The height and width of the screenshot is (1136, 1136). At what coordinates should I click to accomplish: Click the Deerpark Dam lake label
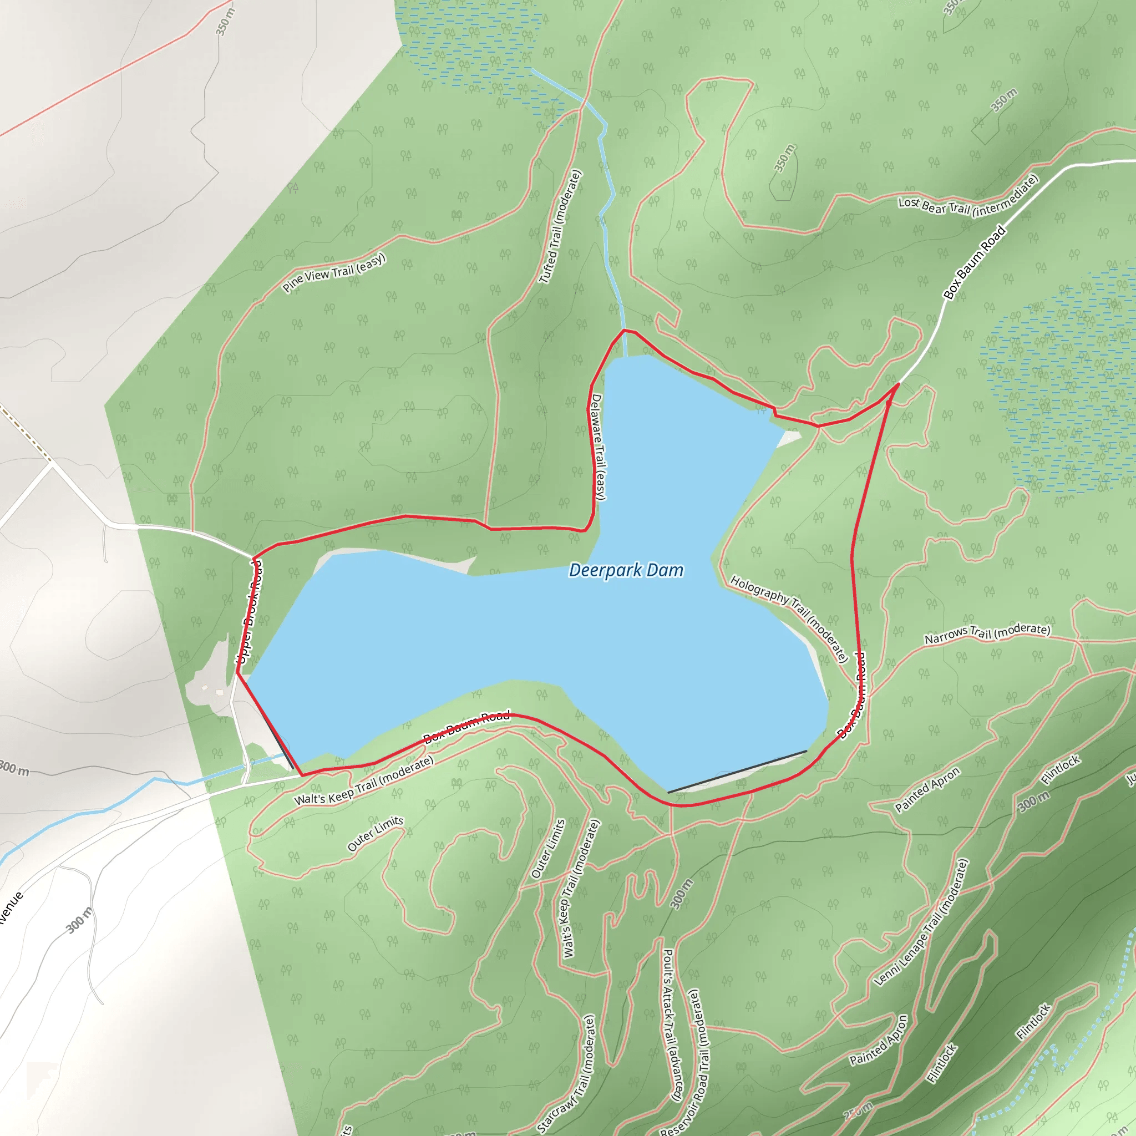626,570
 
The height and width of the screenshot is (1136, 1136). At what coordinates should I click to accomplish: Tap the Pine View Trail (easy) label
333,272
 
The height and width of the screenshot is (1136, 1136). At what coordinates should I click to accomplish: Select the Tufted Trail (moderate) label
560,226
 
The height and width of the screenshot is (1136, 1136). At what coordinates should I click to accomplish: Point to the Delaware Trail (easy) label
597,447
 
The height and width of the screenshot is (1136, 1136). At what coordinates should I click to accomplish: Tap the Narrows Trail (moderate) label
987,633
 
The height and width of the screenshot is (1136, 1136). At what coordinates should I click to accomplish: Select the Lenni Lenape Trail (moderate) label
921,921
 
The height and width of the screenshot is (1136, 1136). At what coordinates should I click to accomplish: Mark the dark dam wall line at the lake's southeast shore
737,772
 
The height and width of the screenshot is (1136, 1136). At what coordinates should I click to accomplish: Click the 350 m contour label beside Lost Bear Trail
1003,100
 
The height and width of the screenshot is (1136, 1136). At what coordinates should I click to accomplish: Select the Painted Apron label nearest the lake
927,790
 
